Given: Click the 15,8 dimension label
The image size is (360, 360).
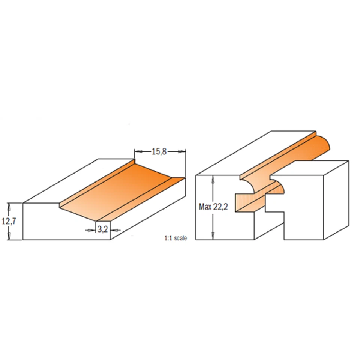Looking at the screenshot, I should (159, 152).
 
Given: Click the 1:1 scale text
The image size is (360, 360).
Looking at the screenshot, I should (175, 238).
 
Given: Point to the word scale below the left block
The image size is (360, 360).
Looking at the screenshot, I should (180, 238).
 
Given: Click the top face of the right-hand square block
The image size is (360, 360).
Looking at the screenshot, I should (311, 168).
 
